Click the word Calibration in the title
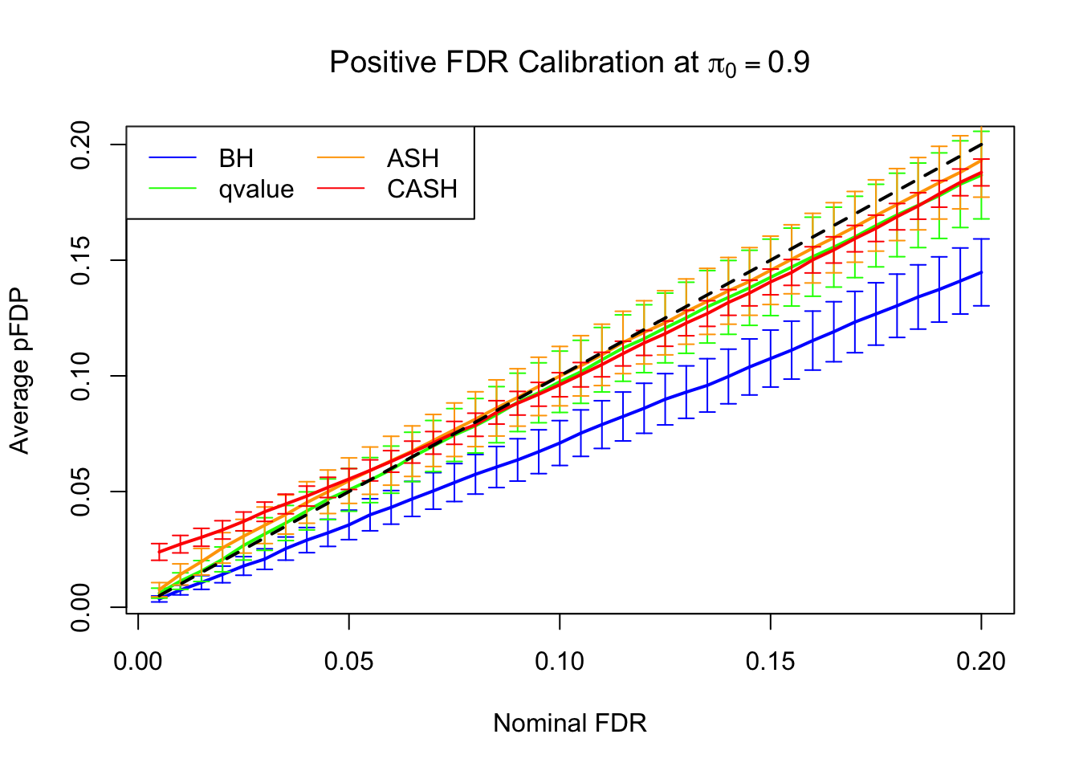click(x=606, y=63)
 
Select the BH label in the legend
click(x=236, y=158)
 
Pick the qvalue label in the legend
click(x=256, y=190)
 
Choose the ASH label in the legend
click(x=413, y=158)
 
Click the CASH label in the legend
click(x=421, y=190)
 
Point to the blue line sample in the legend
click(x=173, y=158)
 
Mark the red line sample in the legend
click(x=340, y=190)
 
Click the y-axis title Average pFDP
click(x=19, y=371)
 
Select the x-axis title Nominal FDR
click(x=569, y=724)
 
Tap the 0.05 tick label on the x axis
click(x=349, y=662)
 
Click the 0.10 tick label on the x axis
click(x=560, y=662)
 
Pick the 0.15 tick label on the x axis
click(x=771, y=662)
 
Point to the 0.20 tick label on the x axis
click(x=981, y=662)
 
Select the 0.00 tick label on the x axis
click(x=139, y=662)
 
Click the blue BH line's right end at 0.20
click(x=981, y=272)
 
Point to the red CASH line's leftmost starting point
click(x=159, y=553)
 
